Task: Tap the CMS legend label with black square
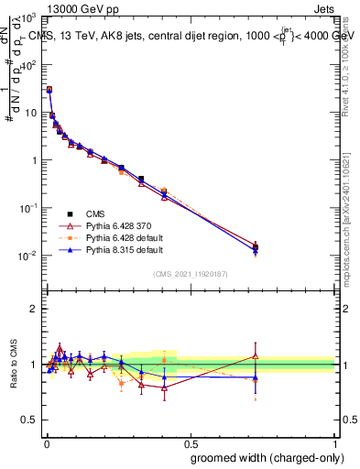[93, 212]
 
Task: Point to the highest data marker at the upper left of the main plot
[49, 90]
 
